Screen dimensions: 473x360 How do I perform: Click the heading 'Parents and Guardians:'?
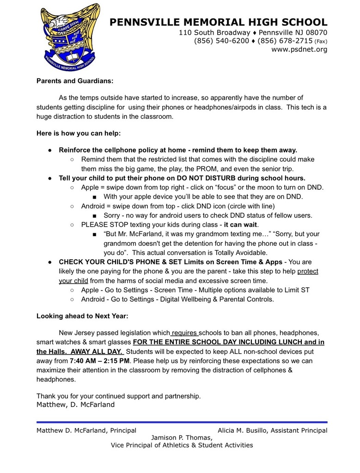(x=75, y=81)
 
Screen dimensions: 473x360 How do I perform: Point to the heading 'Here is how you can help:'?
(x=79, y=133)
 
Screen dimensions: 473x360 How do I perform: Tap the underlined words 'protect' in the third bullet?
(x=308, y=271)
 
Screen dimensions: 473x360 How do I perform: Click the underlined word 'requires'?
(x=185, y=333)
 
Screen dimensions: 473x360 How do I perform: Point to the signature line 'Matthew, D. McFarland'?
(x=75, y=405)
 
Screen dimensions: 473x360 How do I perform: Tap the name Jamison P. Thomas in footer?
(x=182, y=438)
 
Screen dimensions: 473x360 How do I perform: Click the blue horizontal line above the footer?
(x=182, y=422)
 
